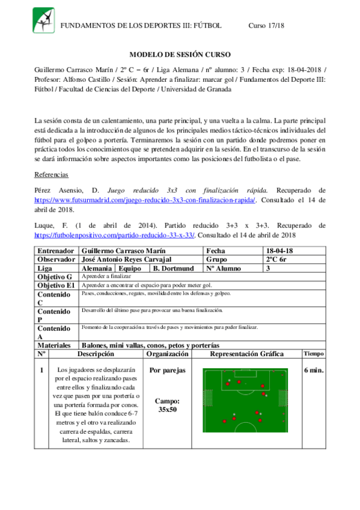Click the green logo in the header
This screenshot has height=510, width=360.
point(43,20)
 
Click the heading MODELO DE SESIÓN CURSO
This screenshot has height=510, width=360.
point(180,54)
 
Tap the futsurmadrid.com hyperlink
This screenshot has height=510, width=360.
point(145,200)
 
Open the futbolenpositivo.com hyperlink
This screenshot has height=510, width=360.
point(114,235)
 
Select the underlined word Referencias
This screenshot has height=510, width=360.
point(52,174)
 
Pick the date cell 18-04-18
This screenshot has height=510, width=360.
point(281,250)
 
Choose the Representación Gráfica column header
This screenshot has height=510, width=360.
point(246,354)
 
